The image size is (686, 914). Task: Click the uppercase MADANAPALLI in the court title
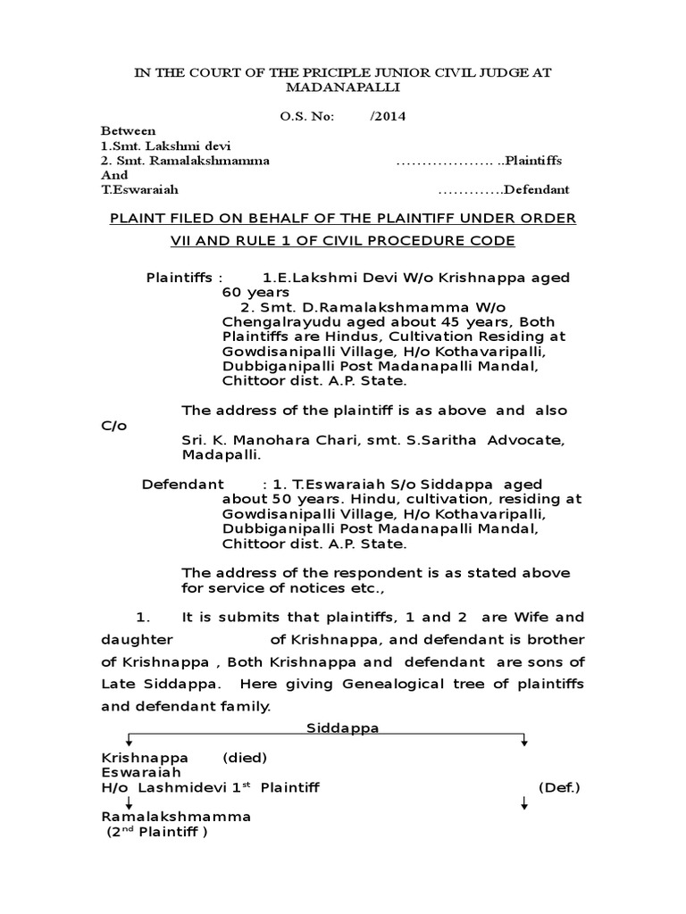pyautogui.click(x=342, y=87)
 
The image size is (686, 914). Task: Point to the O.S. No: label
pyautogui.click(x=304, y=115)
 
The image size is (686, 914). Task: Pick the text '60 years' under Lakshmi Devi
pyautogui.click(x=255, y=292)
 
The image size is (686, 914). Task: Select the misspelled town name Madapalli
pyautogui.click(x=221, y=454)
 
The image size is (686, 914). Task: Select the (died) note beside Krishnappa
pyautogui.click(x=245, y=758)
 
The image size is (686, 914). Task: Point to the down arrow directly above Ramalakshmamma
pyautogui.click(x=130, y=802)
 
